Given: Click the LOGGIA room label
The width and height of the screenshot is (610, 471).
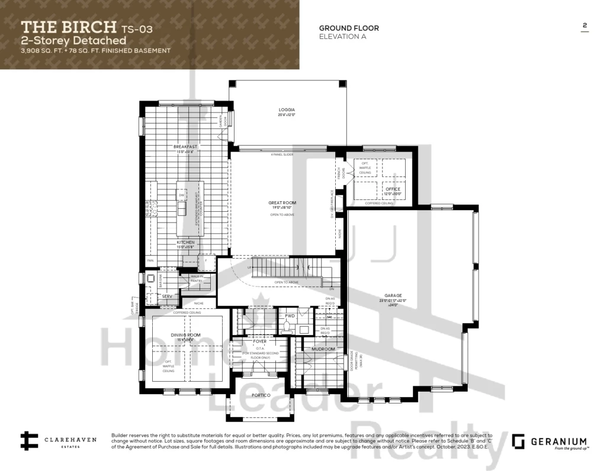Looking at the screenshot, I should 287,110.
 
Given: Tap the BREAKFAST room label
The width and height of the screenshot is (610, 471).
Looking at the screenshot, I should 185,146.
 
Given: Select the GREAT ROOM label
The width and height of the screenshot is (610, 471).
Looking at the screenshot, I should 282,203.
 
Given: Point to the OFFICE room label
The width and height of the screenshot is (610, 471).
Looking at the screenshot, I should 393,189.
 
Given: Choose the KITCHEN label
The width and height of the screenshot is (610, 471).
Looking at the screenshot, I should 185,243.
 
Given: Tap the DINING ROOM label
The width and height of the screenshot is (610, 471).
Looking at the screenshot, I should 186,335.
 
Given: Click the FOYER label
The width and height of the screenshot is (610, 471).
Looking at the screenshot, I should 259,341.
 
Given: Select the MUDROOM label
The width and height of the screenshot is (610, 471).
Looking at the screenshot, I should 323,349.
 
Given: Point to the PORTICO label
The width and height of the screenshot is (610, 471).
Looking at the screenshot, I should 261,395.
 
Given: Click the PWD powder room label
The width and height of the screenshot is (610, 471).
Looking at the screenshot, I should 290,316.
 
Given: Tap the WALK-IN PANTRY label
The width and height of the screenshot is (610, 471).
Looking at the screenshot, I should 197,279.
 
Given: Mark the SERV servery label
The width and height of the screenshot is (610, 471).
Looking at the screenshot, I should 167,295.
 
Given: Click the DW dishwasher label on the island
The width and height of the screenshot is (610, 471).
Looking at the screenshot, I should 182,195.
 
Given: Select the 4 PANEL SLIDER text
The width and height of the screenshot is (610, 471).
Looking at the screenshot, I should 282,154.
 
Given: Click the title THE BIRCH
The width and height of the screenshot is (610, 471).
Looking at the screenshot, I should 69,27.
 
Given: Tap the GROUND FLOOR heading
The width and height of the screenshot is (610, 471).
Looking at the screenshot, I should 349,28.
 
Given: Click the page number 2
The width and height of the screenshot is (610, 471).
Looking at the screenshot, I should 585,25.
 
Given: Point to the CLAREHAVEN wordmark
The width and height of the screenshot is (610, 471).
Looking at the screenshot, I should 69,440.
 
